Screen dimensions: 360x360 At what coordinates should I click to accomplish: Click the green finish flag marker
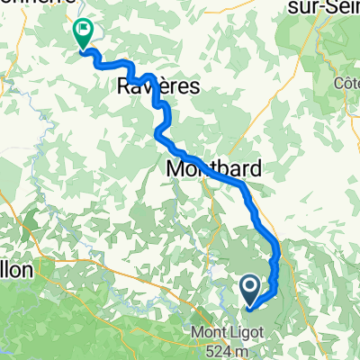point(83,34)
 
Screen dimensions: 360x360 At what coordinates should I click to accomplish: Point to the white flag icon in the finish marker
point(83,31)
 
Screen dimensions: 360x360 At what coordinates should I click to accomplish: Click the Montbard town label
point(214,168)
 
